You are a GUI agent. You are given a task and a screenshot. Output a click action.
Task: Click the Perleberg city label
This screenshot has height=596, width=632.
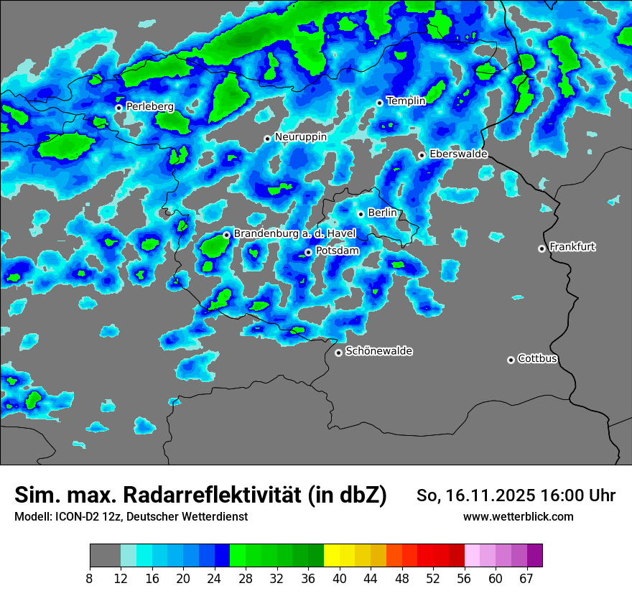pos(149,107)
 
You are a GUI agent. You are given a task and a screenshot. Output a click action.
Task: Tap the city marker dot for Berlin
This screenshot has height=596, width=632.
pos(361,214)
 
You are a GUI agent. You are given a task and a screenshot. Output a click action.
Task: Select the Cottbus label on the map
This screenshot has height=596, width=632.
pos(537,359)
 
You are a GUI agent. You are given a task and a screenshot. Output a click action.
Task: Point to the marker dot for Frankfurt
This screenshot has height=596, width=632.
pos(542,248)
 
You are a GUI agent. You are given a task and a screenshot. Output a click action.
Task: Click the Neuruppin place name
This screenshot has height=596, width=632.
pos(300,137)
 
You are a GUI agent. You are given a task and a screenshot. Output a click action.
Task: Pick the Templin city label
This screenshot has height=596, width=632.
pos(406,101)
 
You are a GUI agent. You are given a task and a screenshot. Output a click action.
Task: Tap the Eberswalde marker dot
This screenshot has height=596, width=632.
pos(422,155)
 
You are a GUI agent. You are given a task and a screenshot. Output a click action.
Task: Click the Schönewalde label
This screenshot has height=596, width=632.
pos(378,352)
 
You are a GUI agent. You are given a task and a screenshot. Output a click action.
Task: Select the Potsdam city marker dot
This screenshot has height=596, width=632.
pos(308,252)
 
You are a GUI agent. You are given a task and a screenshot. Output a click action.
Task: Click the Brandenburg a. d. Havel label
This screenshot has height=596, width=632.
pos(294,234)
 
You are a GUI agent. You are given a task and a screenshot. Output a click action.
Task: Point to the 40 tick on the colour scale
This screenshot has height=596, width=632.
pos(340,579)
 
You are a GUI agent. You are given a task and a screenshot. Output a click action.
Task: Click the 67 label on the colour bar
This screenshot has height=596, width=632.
pos(526,579)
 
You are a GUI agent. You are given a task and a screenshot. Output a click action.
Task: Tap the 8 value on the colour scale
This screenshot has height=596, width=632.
pos(90,579)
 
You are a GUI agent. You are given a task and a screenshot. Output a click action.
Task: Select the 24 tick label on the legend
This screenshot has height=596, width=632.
pos(215,579)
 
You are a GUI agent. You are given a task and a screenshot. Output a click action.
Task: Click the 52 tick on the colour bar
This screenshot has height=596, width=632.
pos(433,579)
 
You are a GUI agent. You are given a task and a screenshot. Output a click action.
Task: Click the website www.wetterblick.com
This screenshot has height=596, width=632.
pos(518,517)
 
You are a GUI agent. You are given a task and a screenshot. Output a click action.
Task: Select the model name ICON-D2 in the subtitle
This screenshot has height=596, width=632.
pos(74,517)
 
